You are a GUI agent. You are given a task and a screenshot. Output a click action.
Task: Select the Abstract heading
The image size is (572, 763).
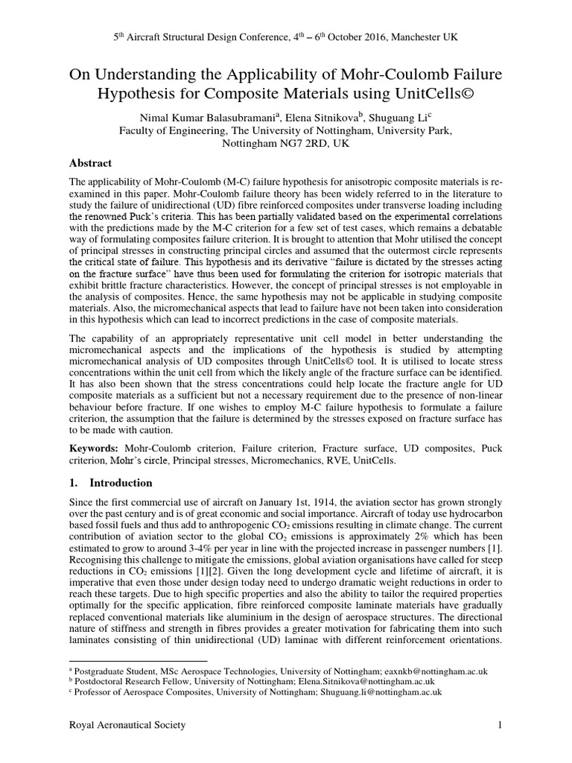pyautogui.click(x=90, y=163)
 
